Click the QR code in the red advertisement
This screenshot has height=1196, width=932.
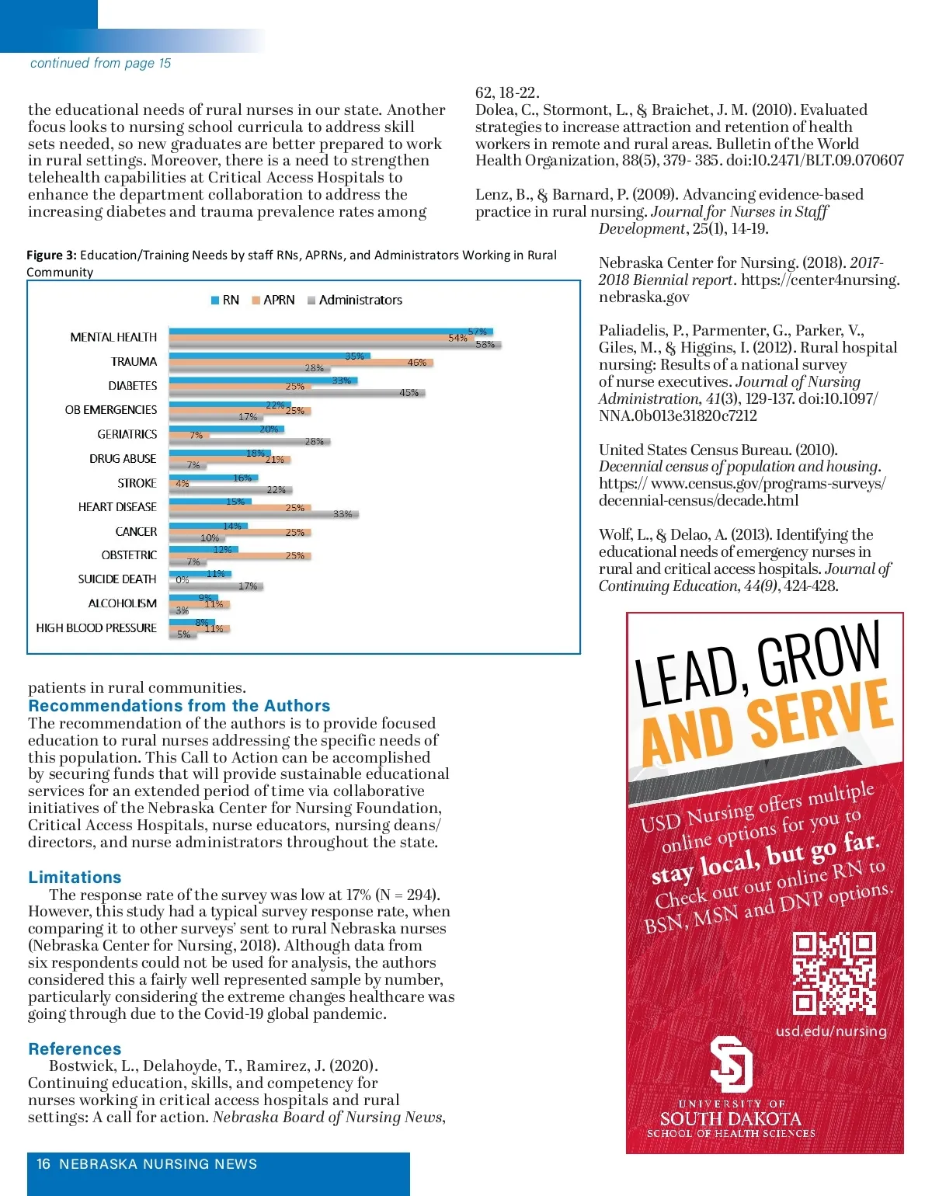(x=833, y=974)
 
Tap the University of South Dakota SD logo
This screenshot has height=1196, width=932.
(x=731, y=1063)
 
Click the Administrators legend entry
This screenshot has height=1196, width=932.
(x=355, y=300)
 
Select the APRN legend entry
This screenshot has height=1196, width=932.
(x=273, y=300)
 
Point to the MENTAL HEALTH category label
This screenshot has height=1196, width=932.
(x=113, y=337)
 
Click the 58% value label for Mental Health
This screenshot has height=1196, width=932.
(x=485, y=344)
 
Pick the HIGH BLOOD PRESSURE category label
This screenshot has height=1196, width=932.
(x=96, y=628)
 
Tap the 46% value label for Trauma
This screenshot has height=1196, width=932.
(x=416, y=363)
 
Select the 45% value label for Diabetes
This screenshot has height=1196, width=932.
(x=409, y=392)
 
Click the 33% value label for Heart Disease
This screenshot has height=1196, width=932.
(x=343, y=513)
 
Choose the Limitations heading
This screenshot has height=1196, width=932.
(x=75, y=877)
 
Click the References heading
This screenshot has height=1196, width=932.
(x=75, y=1048)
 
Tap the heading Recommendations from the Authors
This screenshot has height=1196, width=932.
(x=179, y=705)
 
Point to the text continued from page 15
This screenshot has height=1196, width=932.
(x=100, y=63)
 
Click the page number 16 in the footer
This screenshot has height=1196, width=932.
(x=43, y=1163)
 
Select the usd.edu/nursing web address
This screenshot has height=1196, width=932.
(x=830, y=1031)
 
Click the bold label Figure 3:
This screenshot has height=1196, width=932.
(x=51, y=255)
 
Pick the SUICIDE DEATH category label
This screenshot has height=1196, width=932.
(x=117, y=579)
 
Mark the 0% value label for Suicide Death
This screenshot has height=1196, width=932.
(x=183, y=580)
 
